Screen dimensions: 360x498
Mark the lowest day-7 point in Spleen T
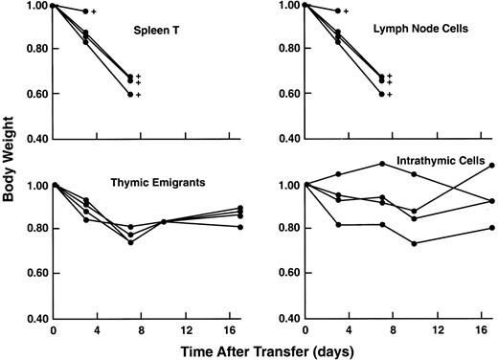pyautogui.click(x=130, y=95)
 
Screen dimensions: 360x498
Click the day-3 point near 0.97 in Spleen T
pyautogui.click(x=85, y=11)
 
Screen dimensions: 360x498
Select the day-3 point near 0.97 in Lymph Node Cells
pyautogui.click(x=336, y=11)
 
